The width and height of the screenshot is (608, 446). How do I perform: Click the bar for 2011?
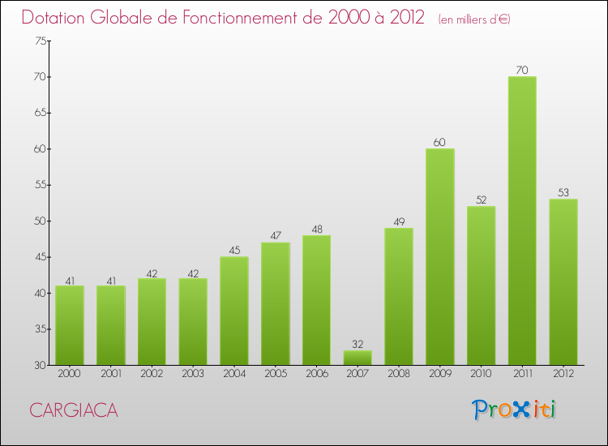pos(522,221)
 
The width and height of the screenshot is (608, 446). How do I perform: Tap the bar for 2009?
pos(439,256)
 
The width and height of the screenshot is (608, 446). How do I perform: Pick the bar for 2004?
pos(234,311)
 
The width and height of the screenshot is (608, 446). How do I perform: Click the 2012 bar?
pos(563,281)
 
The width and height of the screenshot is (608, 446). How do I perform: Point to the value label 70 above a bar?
pos(522,71)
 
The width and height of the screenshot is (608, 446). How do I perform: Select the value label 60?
pos(439,143)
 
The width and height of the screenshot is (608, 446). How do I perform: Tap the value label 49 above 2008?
pos(398,221)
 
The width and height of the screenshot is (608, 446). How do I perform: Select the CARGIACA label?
pos(74,411)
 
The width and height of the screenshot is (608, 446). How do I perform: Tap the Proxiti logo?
pos(515,410)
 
